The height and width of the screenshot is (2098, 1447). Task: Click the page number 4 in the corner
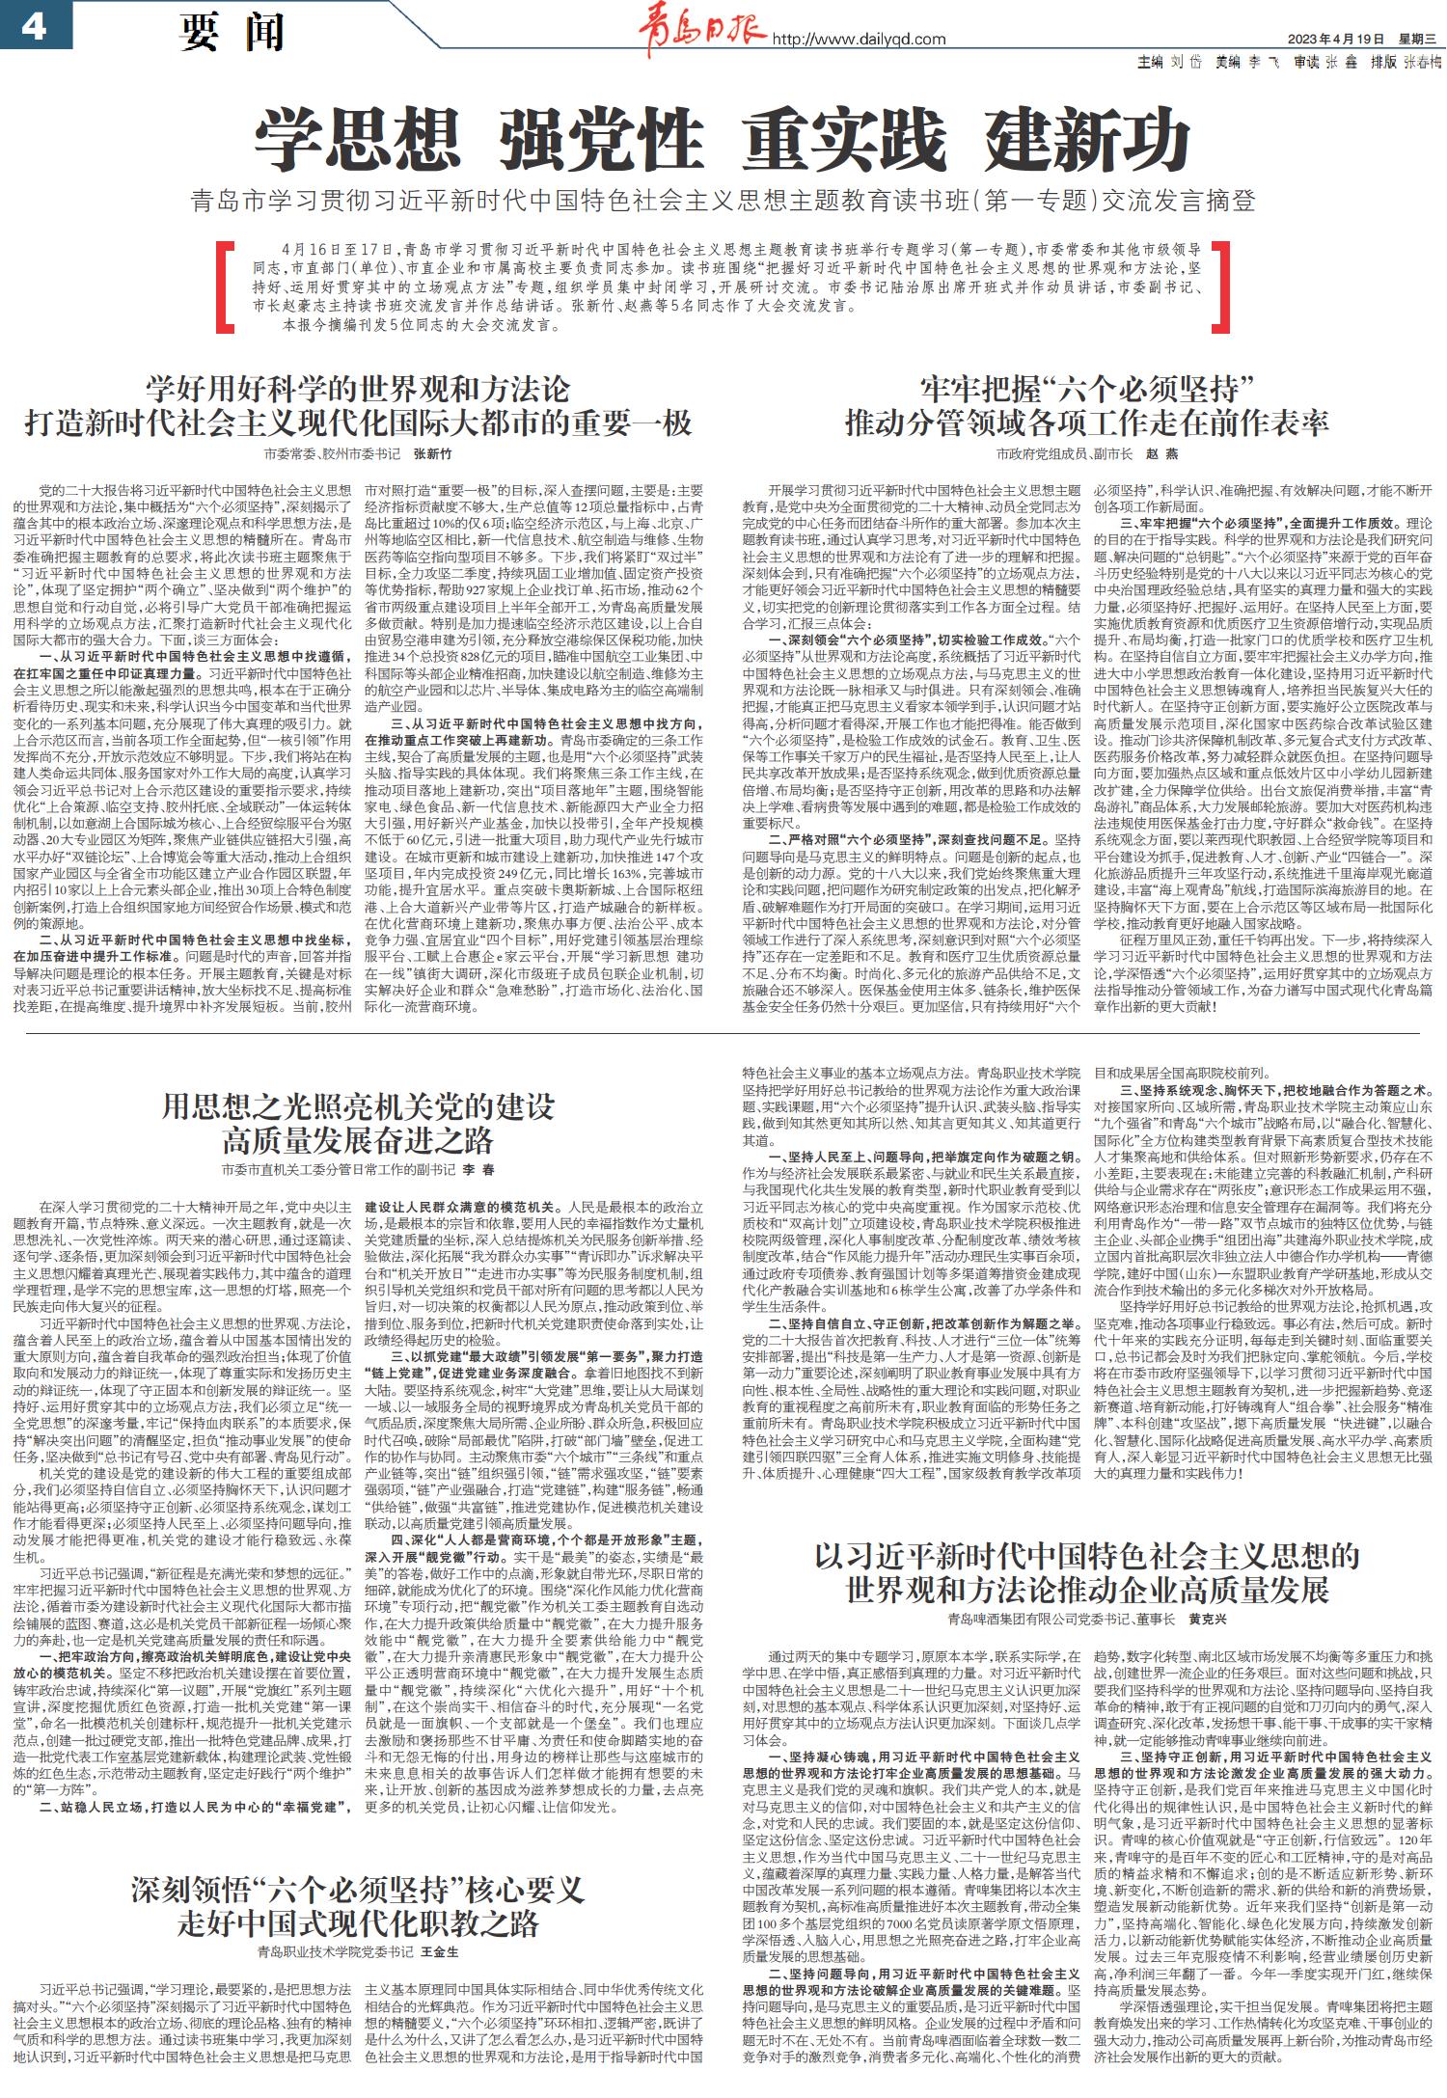point(35,26)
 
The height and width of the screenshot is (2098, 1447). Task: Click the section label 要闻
point(232,32)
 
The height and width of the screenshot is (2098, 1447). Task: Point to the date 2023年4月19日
point(1336,40)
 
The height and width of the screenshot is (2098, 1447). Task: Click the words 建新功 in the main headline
point(1087,140)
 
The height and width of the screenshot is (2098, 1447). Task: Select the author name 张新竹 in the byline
point(432,453)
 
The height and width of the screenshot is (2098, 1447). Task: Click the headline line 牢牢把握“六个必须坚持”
point(1087,390)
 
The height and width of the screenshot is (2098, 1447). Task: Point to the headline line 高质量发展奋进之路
point(357,1140)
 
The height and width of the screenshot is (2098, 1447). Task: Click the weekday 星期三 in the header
point(1417,40)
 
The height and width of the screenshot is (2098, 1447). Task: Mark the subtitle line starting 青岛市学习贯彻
point(723,202)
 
